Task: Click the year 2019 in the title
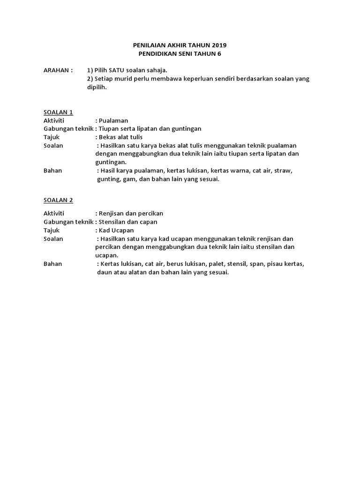coord(218,45)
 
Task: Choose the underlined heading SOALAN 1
coord(58,112)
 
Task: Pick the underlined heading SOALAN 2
coord(58,200)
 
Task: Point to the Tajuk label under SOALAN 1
coord(52,137)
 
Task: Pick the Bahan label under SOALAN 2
coord(52,264)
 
